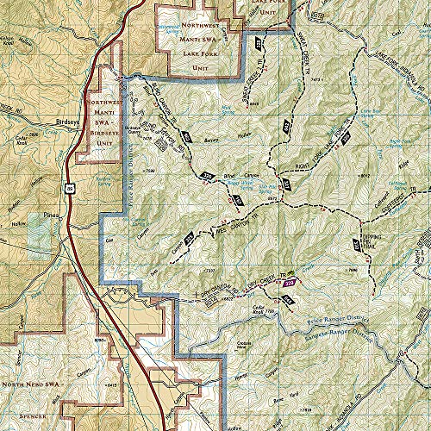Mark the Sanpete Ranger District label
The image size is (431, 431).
tap(345, 331)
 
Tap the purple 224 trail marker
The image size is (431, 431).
tap(290, 282)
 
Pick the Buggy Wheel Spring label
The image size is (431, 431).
tap(247, 182)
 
